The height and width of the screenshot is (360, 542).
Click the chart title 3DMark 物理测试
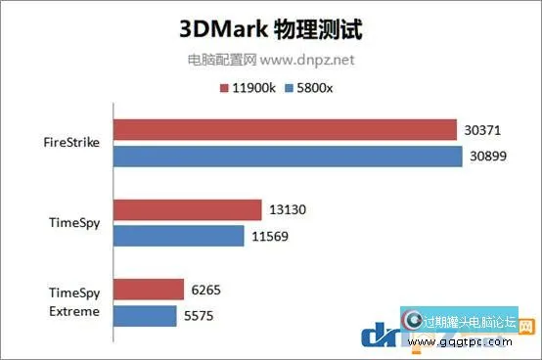tap(271, 28)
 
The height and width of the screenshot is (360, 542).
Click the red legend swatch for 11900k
tap(224, 88)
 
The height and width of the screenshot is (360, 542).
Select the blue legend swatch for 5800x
tap(289, 88)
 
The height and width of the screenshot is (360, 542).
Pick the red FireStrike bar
tap(285, 130)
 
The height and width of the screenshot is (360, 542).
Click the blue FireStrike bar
tap(288, 157)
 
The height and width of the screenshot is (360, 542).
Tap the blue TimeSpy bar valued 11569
tap(179, 236)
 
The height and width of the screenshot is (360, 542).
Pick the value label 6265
tap(208, 289)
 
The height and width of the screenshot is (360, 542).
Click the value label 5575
tap(200, 315)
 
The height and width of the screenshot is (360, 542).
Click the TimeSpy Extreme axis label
tap(74, 301)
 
